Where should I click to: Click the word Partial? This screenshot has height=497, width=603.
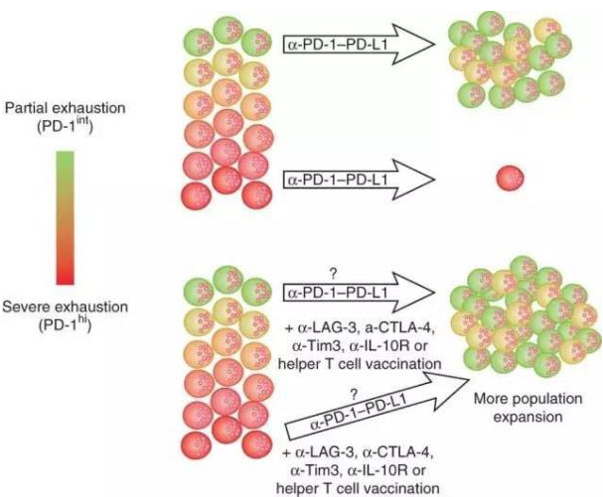25,106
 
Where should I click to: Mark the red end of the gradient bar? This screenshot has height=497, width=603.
63,277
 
